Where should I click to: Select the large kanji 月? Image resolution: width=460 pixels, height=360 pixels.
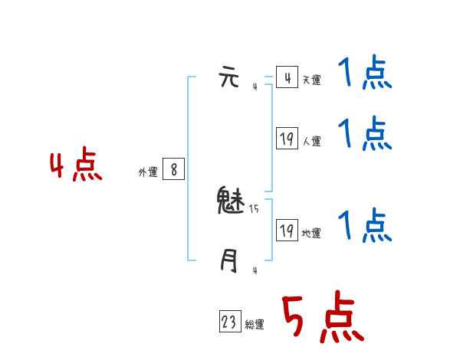229,261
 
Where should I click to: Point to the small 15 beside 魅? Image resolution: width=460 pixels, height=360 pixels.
254,208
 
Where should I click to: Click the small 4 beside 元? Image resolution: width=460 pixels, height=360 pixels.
255,87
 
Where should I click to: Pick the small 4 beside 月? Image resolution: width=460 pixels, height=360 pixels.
255,270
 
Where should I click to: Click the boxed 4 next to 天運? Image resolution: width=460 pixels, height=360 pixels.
287,77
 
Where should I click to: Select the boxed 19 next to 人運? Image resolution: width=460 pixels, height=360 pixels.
287,139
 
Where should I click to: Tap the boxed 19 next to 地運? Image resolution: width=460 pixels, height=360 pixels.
287,231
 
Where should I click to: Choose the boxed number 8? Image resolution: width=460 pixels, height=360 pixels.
174,169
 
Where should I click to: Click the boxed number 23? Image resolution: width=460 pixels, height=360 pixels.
229,322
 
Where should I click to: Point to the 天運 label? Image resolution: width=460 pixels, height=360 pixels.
311,80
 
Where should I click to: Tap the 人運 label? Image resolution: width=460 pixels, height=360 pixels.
311,141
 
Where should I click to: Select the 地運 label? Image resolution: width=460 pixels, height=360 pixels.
311,233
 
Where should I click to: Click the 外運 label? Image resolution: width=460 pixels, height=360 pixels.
148,172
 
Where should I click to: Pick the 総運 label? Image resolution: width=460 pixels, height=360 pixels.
255,325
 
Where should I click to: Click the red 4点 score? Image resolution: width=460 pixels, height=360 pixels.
76,167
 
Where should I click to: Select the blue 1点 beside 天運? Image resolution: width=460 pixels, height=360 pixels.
365,74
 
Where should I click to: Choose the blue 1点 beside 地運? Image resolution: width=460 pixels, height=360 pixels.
365,225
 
